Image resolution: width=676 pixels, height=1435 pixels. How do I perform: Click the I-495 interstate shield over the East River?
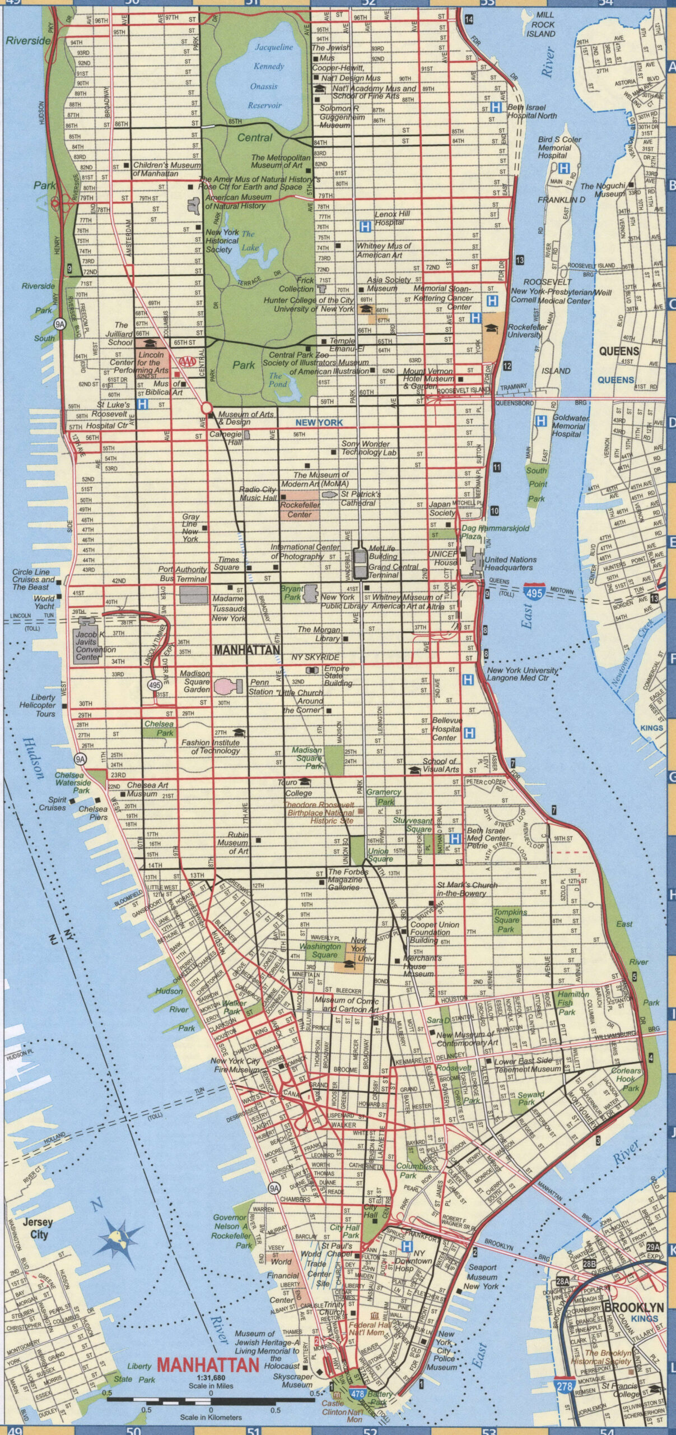pos(534,592)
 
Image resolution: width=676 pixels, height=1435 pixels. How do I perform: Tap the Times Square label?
pos(229,563)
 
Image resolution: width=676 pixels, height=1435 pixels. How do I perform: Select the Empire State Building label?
pos(338,675)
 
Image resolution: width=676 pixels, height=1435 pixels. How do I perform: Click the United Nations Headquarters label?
pos(510,563)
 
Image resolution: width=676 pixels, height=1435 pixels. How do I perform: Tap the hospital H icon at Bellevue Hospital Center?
pos(469,733)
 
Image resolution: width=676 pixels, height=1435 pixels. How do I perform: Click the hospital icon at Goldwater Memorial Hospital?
pos(541,421)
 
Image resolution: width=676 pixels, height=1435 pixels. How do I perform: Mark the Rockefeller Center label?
pos(300,510)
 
